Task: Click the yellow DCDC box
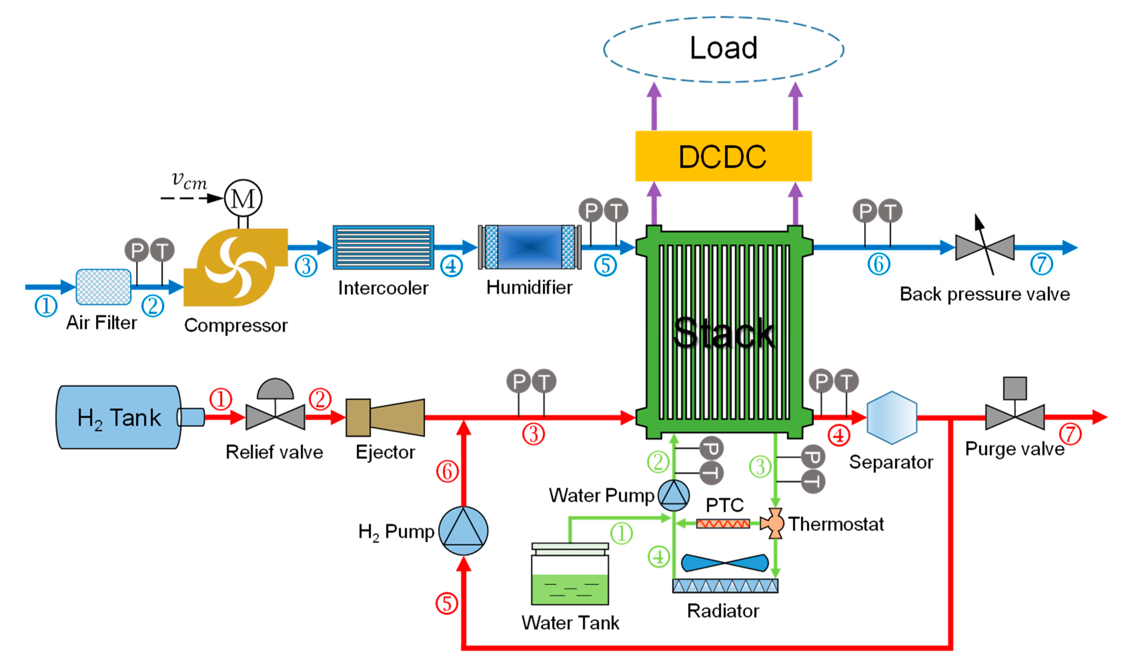[x=723, y=156]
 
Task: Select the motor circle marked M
[x=243, y=198]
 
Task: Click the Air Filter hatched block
[x=103, y=287]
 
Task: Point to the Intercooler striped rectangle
[x=383, y=247]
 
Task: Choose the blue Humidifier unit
[x=529, y=247]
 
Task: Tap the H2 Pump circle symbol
[x=463, y=531]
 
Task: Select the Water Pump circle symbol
[x=673, y=496]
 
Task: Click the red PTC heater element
[x=723, y=523]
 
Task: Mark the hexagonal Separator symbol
[x=892, y=418]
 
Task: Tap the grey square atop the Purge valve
[x=1015, y=388]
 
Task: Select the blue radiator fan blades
[x=725, y=563]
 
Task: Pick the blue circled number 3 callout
[x=306, y=266]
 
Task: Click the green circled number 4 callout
[x=658, y=557]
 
